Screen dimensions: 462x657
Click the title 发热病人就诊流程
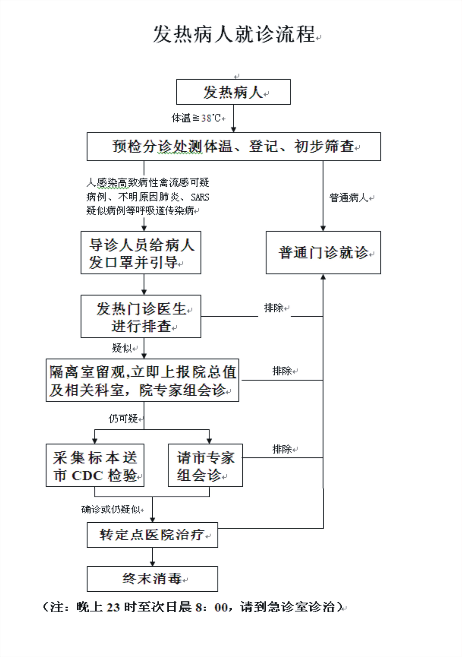(x=234, y=34)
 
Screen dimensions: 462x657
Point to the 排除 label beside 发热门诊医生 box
(x=274, y=308)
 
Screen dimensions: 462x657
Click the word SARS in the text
(x=200, y=197)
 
